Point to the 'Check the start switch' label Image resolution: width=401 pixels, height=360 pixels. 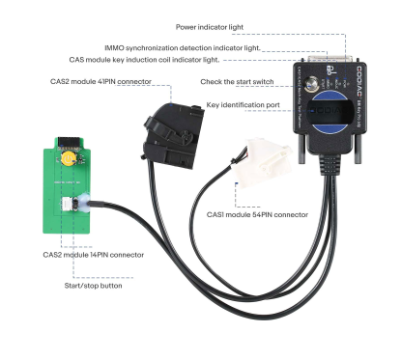[243, 83]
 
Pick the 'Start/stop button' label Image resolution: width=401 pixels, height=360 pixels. [93, 286]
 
